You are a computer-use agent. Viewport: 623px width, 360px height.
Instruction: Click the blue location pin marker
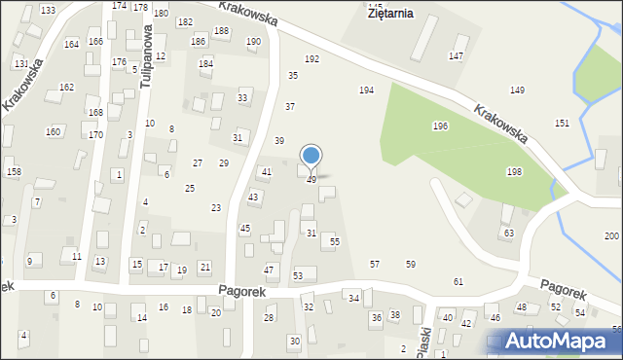coord(311,156)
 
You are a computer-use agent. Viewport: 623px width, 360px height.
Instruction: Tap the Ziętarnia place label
coord(389,14)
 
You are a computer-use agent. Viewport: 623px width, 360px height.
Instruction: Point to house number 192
coord(311,59)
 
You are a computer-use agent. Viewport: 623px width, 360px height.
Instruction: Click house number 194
coord(366,90)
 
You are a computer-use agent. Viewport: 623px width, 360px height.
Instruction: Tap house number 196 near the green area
coord(440,126)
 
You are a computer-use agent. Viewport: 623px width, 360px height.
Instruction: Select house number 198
coord(514,172)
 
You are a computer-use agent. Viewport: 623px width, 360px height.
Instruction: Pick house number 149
coord(517,90)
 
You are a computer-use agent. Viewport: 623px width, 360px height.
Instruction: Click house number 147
coord(456,56)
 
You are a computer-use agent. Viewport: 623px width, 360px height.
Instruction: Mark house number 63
coord(507,234)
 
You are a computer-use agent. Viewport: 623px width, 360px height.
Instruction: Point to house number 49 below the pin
coord(311,180)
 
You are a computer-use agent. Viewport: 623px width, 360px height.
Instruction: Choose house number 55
coord(334,241)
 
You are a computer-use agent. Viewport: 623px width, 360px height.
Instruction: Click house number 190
coord(253,42)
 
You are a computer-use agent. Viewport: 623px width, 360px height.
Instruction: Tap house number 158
coord(14,172)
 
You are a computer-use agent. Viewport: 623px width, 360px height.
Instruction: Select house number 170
coord(95,135)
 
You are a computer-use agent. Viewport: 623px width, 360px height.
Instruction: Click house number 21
coord(204,267)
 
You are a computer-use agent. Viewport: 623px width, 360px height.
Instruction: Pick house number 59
coord(411,265)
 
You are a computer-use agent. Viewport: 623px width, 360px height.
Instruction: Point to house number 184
coord(205,64)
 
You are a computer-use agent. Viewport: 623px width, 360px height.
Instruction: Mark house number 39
coord(279,141)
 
